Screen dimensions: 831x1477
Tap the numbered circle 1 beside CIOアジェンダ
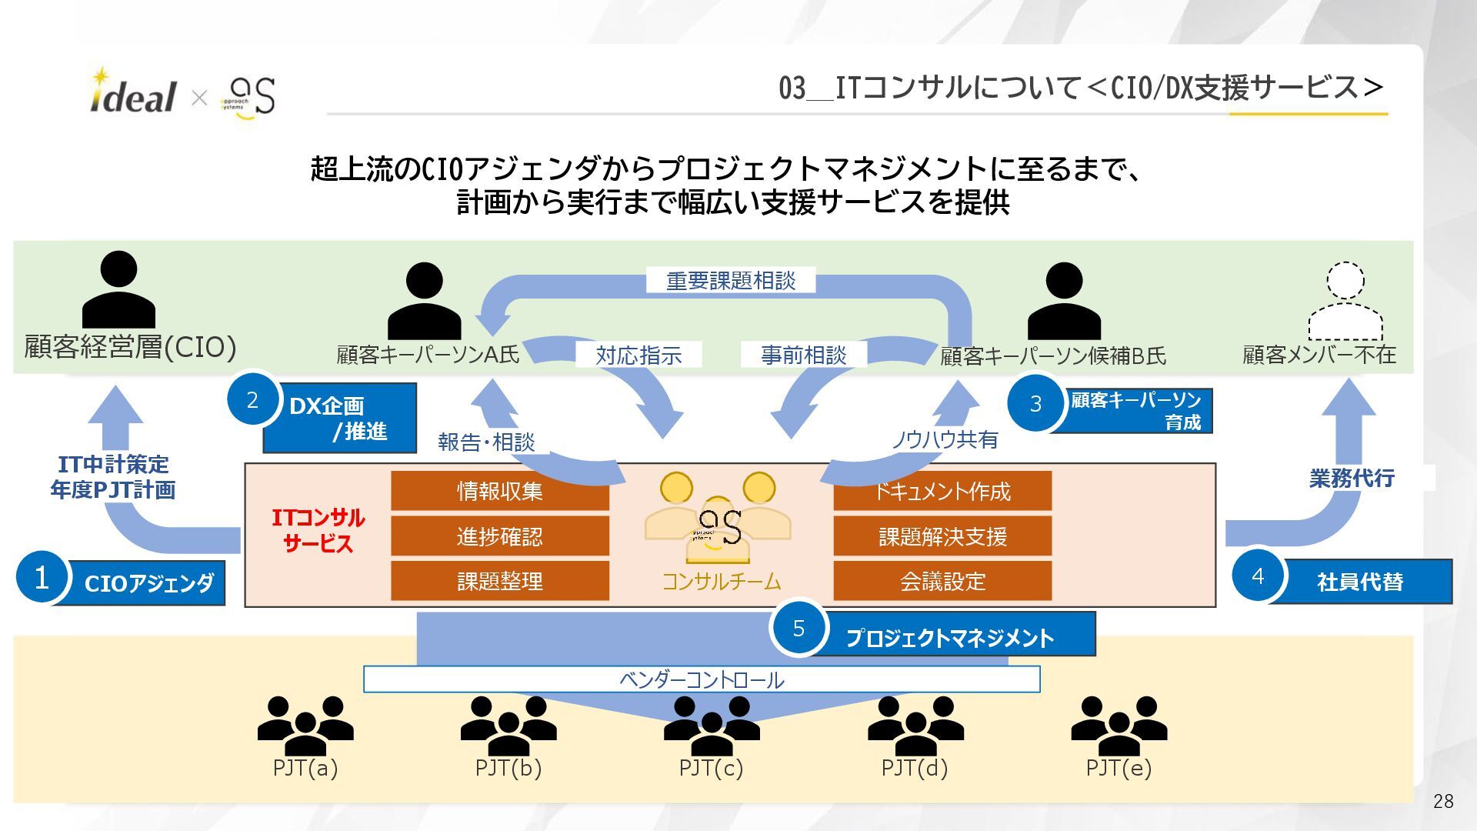point(42,577)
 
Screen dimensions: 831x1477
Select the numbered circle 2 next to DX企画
point(252,399)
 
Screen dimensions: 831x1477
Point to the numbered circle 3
point(1035,403)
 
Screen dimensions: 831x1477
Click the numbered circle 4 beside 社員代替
point(1258,576)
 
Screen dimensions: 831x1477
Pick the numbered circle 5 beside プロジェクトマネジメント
point(799,628)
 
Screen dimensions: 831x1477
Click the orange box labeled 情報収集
point(500,491)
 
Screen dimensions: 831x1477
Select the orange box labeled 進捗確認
point(500,536)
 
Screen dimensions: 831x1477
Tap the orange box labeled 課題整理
point(500,580)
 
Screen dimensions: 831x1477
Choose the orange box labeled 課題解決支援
point(942,536)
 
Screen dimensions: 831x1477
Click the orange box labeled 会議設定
point(942,580)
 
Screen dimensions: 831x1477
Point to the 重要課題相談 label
point(731,280)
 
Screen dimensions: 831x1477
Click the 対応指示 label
point(638,355)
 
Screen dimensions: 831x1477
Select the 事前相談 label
point(803,355)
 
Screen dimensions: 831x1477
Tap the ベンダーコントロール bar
point(702,679)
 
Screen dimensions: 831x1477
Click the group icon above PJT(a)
point(305,725)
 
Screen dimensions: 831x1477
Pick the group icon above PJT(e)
point(1119,725)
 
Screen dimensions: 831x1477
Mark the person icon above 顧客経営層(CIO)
point(119,290)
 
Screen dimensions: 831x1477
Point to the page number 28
point(1443,801)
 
